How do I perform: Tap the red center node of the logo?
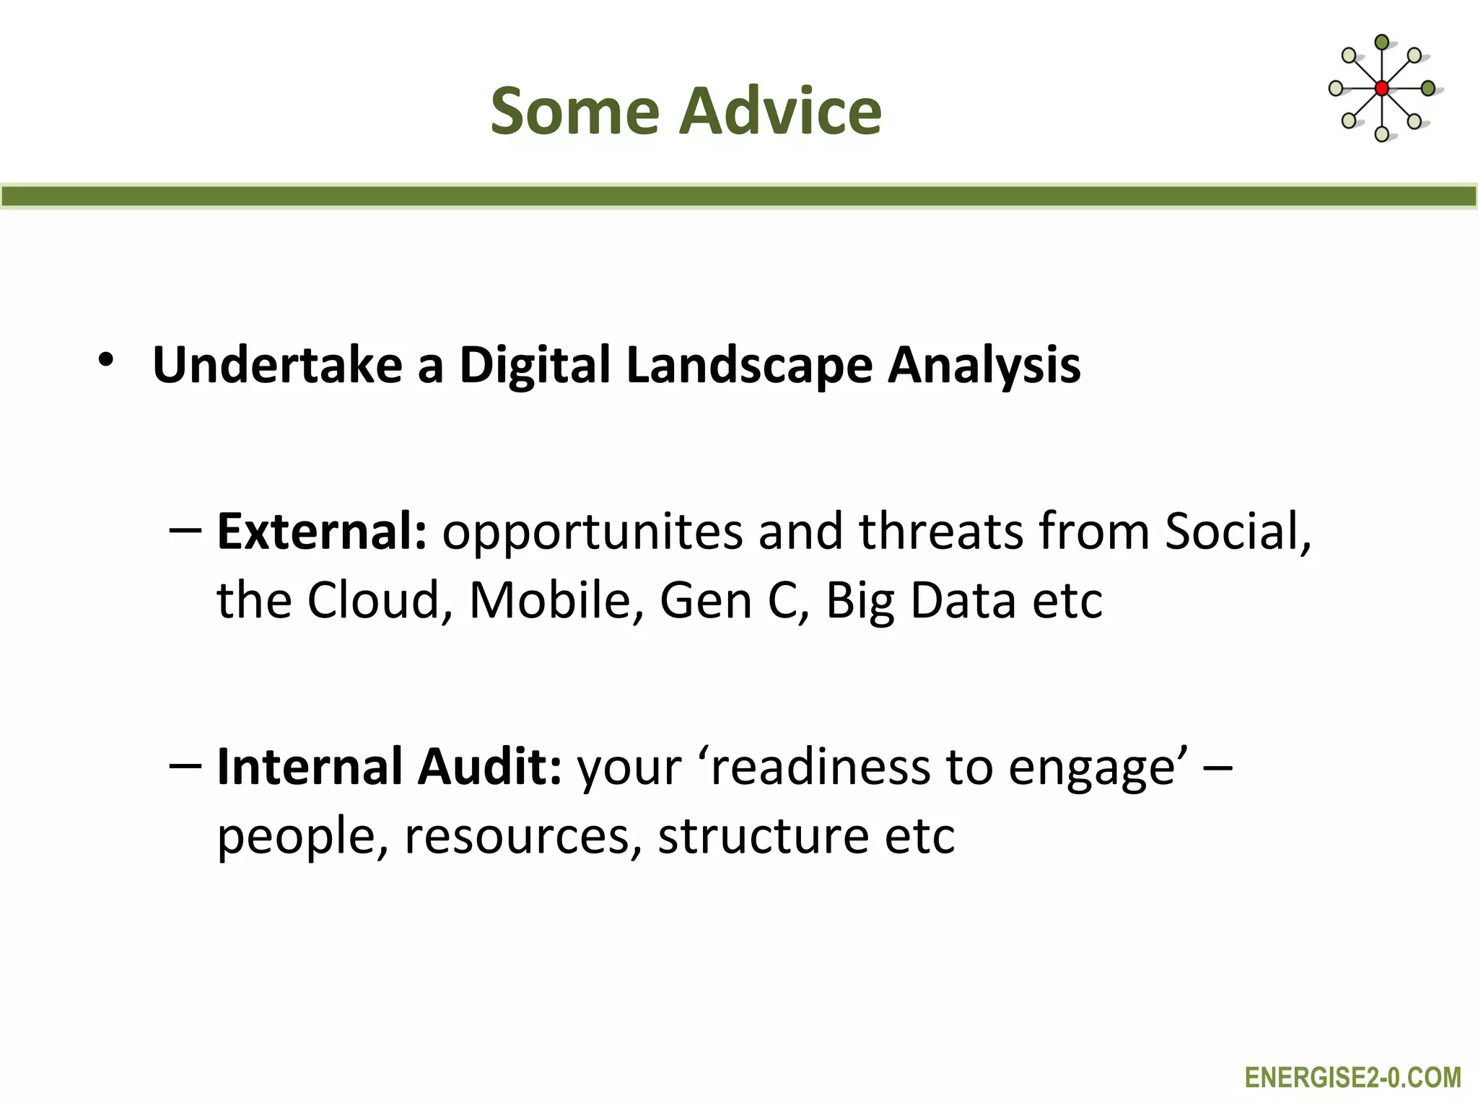pyautogui.click(x=1381, y=89)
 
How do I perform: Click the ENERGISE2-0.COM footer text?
pyautogui.click(x=1352, y=1078)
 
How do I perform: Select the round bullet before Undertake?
pyautogui.click(x=106, y=360)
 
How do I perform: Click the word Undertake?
pyautogui.click(x=277, y=364)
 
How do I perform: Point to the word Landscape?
pyautogui.click(x=749, y=366)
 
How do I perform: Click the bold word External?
pyautogui.click(x=322, y=531)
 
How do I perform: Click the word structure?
pyautogui.click(x=763, y=837)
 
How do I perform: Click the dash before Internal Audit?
pyautogui.click(x=185, y=765)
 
